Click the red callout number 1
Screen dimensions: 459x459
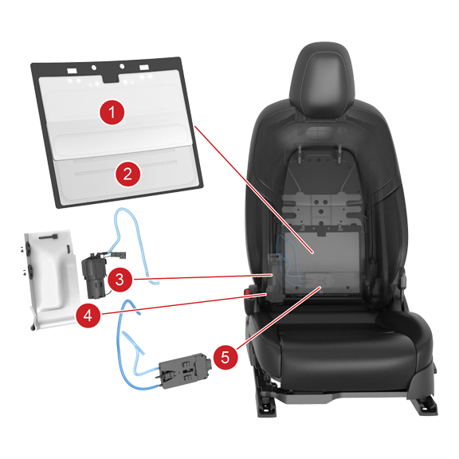(112, 112)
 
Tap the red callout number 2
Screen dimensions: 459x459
(127, 175)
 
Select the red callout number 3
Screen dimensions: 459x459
(120, 279)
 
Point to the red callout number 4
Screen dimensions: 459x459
(88, 316)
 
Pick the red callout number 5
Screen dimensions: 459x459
(225, 357)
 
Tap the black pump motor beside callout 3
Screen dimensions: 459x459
(94, 276)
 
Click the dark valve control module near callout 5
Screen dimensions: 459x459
(183, 371)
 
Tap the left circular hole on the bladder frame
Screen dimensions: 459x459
(94, 68)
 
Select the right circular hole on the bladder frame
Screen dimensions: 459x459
(122, 66)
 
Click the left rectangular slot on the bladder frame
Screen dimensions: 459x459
(72, 71)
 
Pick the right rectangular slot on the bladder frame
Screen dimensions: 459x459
(144, 68)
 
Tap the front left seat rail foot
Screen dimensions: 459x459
(267, 407)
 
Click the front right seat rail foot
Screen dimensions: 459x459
(424, 406)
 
